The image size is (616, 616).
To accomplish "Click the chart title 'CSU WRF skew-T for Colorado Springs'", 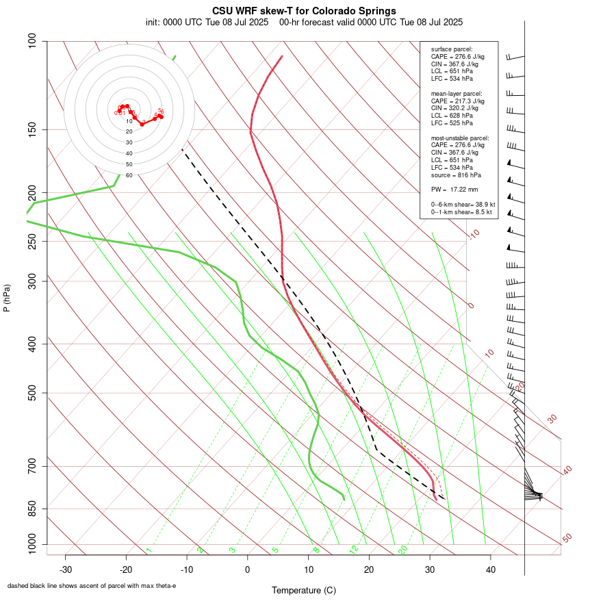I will coord(304,11).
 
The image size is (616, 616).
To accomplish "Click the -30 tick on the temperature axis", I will coord(66,569).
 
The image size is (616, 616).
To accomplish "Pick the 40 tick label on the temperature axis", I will coord(490,569).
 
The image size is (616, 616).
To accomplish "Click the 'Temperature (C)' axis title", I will coord(304,590).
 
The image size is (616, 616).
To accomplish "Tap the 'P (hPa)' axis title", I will coord(7,298).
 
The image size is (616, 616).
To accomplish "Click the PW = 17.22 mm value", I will coord(454,189).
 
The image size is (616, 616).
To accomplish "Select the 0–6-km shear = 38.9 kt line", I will coord(463,205).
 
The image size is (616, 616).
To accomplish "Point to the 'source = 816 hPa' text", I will coord(454,175).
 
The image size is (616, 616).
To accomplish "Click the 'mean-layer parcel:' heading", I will coord(457,93).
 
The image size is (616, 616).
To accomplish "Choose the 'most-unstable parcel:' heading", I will coord(460,138).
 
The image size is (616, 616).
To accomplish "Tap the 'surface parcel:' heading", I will coord(451,49).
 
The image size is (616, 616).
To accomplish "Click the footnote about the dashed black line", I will coord(92,586).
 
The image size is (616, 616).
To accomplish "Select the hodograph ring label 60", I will coord(129,175).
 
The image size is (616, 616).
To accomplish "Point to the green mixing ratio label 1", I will coord(148,550).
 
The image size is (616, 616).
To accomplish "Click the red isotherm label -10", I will coord(474,235).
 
